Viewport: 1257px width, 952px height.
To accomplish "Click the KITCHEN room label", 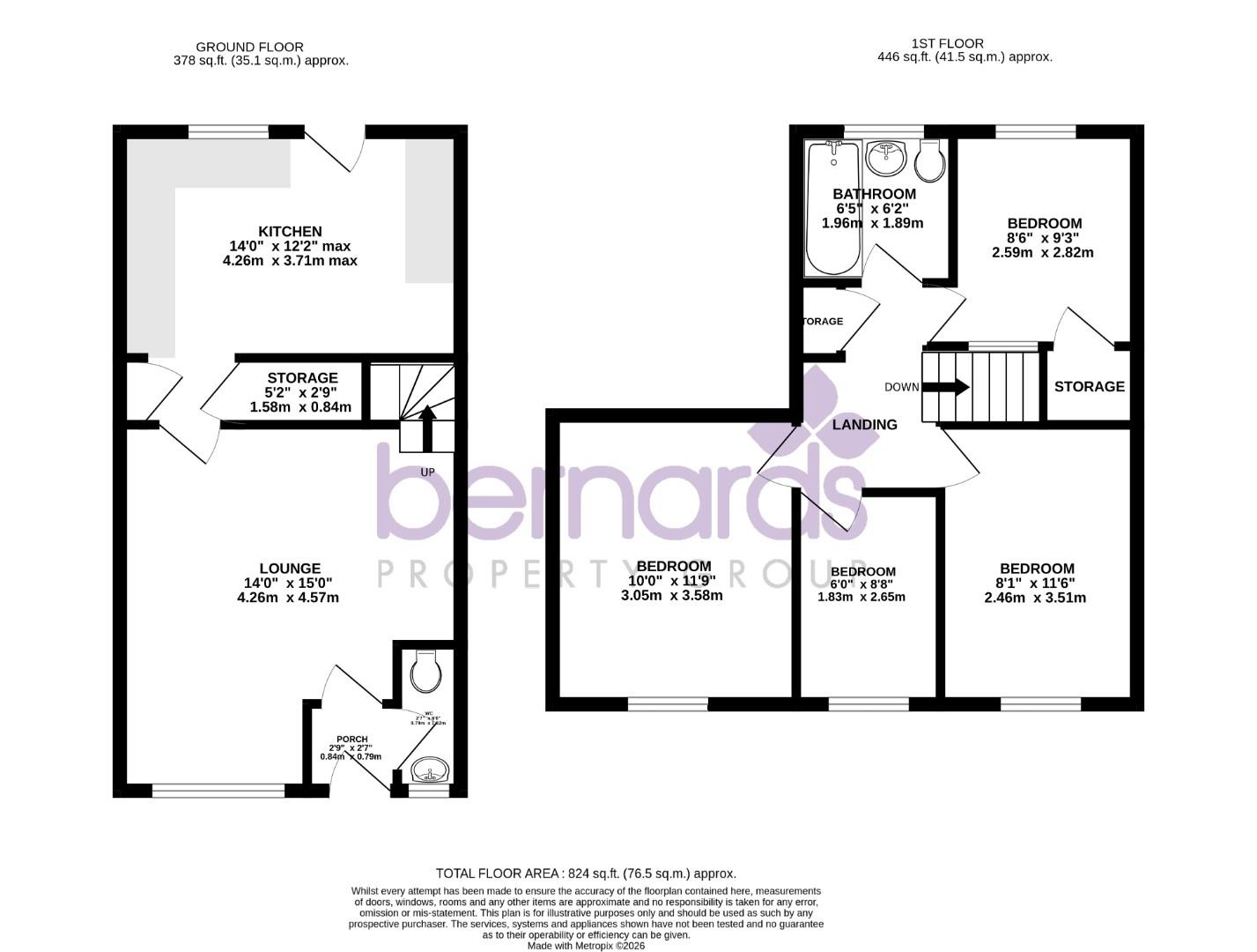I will pyautogui.click(x=290, y=232).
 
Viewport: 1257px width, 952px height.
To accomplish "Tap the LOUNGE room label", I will pyautogui.click(x=290, y=569).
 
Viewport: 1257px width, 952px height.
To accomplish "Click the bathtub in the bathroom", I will pyautogui.click(x=832, y=208).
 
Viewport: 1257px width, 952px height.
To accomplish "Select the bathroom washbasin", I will pyautogui.click(x=887, y=159).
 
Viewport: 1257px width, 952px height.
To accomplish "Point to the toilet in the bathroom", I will pyautogui.click(x=930, y=160).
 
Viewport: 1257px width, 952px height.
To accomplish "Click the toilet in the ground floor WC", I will pyautogui.click(x=425, y=673).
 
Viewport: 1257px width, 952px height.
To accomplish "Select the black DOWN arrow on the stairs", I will pyautogui.click(x=953, y=387).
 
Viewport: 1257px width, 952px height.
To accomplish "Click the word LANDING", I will pyautogui.click(x=865, y=425).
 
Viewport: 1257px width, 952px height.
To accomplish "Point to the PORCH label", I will pyautogui.click(x=352, y=739).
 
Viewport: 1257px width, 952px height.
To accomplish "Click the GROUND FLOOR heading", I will pyautogui.click(x=249, y=47).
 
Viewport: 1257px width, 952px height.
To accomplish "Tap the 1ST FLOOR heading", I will pyautogui.click(x=948, y=43).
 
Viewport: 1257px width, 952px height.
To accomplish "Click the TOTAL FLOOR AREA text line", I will pyautogui.click(x=586, y=874).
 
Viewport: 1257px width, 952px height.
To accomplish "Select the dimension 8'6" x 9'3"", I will pyautogui.click(x=1044, y=238).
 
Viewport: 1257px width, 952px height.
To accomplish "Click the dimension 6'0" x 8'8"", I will pyautogui.click(x=863, y=584).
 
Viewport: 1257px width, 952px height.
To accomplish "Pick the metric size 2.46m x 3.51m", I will pyautogui.click(x=1035, y=598).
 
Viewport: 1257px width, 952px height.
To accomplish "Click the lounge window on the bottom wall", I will pyautogui.click(x=218, y=791).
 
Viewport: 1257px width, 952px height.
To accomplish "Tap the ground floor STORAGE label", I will pyautogui.click(x=302, y=378).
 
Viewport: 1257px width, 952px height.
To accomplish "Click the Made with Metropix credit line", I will pyautogui.click(x=586, y=945).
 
